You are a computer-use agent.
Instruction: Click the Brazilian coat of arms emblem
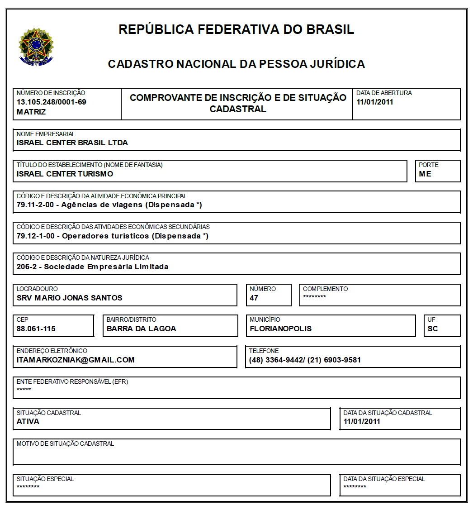click(36, 47)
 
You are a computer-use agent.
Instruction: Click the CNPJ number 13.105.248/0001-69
click(51, 102)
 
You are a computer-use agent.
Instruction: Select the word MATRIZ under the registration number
click(31, 111)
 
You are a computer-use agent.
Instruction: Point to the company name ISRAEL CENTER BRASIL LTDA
click(72, 143)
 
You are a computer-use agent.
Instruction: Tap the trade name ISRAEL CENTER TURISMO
click(65, 174)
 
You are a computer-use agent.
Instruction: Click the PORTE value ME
click(425, 174)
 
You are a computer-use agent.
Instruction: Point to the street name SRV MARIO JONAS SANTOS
click(70, 298)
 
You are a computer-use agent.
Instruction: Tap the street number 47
click(254, 298)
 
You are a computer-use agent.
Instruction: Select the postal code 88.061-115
click(36, 329)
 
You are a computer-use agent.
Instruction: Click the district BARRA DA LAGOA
click(141, 329)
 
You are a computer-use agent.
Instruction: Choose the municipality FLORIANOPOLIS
click(281, 329)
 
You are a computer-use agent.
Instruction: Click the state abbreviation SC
click(433, 329)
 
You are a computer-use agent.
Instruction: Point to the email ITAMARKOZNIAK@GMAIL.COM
click(76, 360)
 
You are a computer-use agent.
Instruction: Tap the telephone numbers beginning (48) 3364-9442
click(305, 360)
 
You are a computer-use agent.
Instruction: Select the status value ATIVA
click(28, 421)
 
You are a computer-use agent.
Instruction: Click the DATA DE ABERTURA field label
click(384, 93)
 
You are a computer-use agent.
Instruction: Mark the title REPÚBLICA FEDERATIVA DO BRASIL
click(236, 29)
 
